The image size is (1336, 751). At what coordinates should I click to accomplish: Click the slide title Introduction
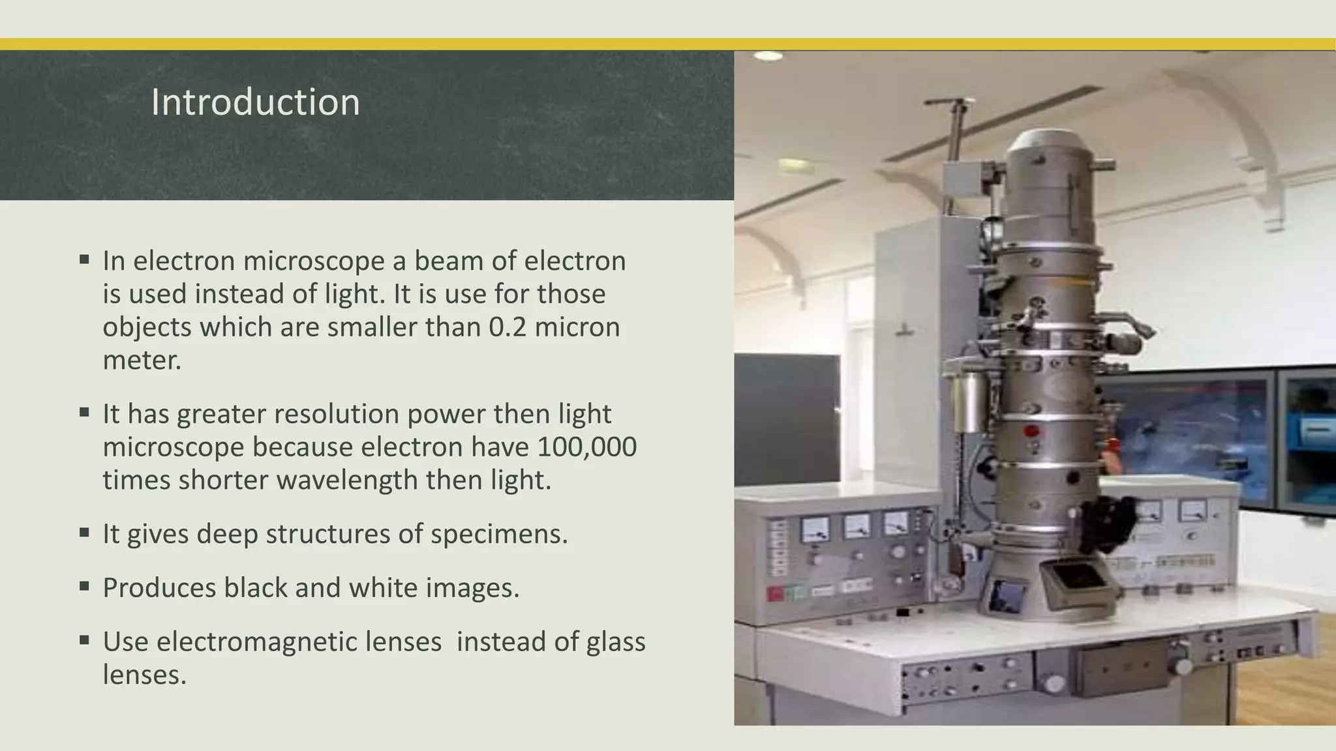[x=255, y=102]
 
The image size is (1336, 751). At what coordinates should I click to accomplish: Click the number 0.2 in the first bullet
[x=507, y=327]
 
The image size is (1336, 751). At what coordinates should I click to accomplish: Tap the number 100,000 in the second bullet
[x=587, y=447]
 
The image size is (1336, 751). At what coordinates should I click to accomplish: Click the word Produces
[x=159, y=588]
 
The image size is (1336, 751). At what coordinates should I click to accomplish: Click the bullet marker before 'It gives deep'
[x=84, y=533]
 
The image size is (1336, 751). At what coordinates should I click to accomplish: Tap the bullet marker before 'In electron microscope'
[x=84, y=259]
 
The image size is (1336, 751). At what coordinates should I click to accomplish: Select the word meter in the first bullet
[x=141, y=361]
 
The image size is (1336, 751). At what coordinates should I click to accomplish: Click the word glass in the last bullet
[x=615, y=642]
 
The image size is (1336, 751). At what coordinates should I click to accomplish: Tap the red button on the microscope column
[x=1031, y=432]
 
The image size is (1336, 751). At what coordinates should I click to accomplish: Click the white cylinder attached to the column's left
[x=968, y=402]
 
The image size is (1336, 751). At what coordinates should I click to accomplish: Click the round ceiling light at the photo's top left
[x=768, y=57]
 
